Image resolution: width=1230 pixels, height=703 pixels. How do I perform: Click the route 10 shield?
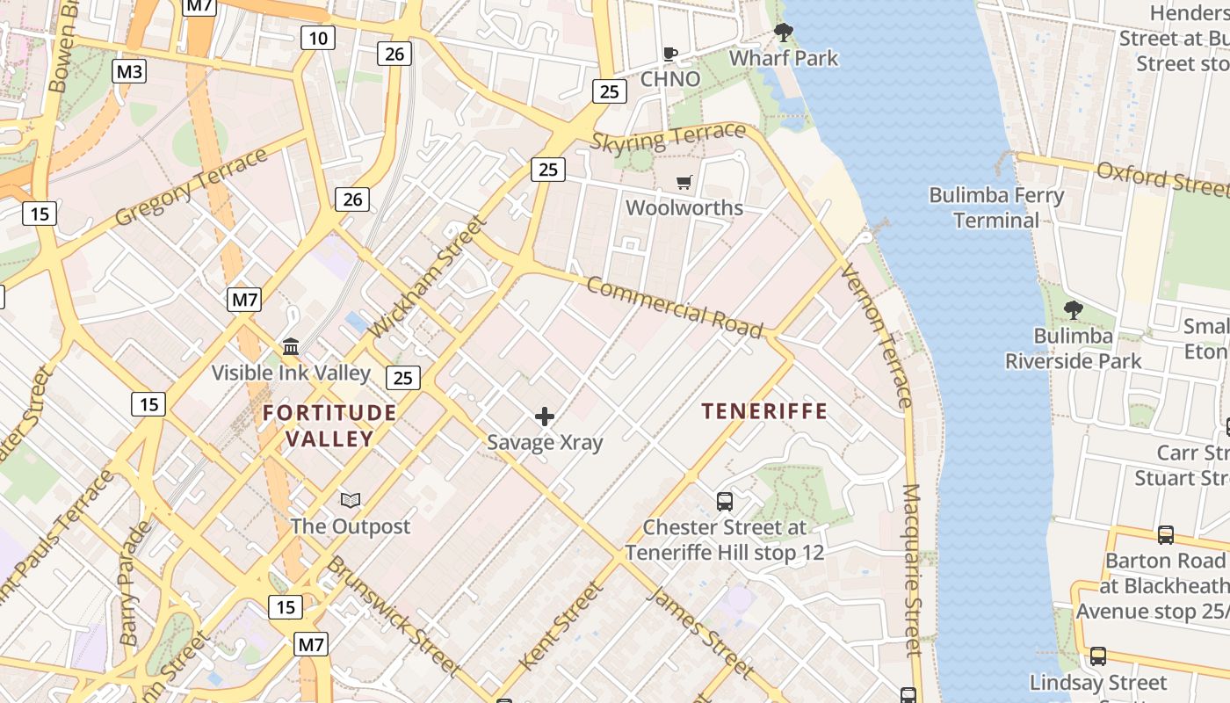(x=318, y=37)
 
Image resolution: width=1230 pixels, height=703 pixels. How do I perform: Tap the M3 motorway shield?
(x=129, y=72)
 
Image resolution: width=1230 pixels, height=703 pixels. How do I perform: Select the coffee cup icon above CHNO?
(x=670, y=54)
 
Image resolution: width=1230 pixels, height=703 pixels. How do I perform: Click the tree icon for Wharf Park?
(x=783, y=33)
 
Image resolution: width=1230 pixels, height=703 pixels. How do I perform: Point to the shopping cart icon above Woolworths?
(x=684, y=183)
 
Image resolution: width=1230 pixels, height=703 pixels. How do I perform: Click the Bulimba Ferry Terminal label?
(x=996, y=207)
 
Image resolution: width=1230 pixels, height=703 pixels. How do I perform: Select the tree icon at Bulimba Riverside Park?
(x=1073, y=309)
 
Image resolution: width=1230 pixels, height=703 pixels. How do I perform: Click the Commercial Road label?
(x=674, y=307)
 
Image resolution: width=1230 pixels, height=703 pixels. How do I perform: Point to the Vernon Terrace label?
(x=876, y=335)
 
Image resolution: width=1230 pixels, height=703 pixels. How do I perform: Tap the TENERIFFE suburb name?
(x=764, y=411)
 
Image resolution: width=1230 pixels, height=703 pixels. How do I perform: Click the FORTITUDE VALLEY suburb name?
(x=329, y=425)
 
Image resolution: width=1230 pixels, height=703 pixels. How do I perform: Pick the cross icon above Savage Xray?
(x=545, y=416)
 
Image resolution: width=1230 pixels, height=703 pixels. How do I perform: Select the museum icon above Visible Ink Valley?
(x=291, y=346)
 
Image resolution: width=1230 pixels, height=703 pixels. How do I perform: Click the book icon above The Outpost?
(x=351, y=501)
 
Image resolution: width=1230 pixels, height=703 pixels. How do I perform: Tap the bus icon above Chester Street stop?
(x=725, y=502)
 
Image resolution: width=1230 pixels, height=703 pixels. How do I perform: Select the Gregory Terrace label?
(x=191, y=186)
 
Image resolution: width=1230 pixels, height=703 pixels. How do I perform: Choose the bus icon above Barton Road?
(x=1165, y=534)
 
